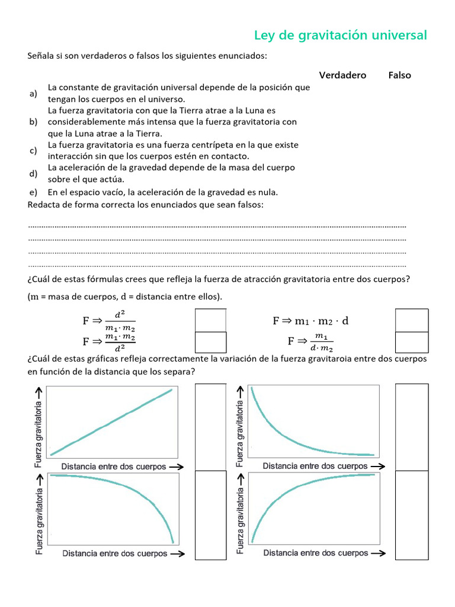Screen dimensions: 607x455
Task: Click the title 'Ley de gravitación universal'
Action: (x=340, y=35)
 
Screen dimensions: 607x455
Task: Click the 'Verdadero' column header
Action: (x=342, y=75)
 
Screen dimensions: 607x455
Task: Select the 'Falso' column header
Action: (x=399, y=75)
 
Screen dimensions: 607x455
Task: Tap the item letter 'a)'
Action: (x=33, y=94)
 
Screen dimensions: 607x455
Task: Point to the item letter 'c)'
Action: (x=33, y=151)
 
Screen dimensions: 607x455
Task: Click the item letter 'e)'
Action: (x=33, y=192)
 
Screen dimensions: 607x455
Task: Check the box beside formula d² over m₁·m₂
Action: (x=210, y=320)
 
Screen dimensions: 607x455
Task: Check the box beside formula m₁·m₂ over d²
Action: (x=210, y=342)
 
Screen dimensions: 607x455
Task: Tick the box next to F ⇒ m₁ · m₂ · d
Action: (x=411, y=320)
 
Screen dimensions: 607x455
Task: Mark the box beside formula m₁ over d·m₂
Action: (x=411, y=342)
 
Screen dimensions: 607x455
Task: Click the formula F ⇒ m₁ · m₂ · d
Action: (x=310, y=321)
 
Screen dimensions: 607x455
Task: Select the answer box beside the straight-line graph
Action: (x=210, y=427)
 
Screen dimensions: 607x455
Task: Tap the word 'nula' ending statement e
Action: (x=267, y=192)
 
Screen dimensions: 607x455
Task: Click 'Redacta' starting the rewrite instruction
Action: (x=44, y=205)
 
